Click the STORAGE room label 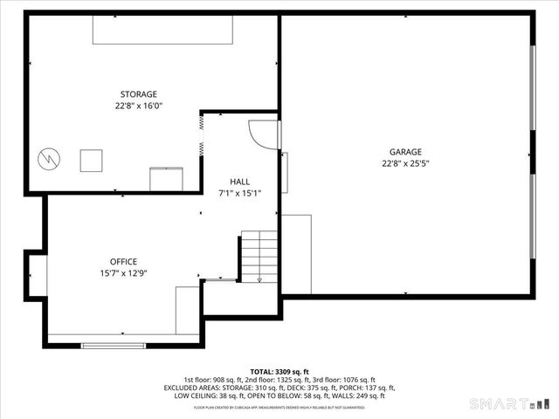click(139, 94)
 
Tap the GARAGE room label click(405, 151)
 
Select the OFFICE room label click(123, 261)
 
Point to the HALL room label click(239, 182)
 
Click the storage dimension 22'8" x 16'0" click(139, 106)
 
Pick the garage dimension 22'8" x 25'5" click(405, 162)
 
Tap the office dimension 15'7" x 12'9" click(123, 272)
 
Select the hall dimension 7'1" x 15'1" click(239, 193)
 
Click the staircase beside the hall click(259, 257)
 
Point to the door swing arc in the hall click(260, 133)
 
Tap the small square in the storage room click(91, 161)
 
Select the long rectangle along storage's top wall click(163, 31)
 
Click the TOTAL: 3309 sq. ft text click(279, 371)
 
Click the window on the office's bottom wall click(114, 346)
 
